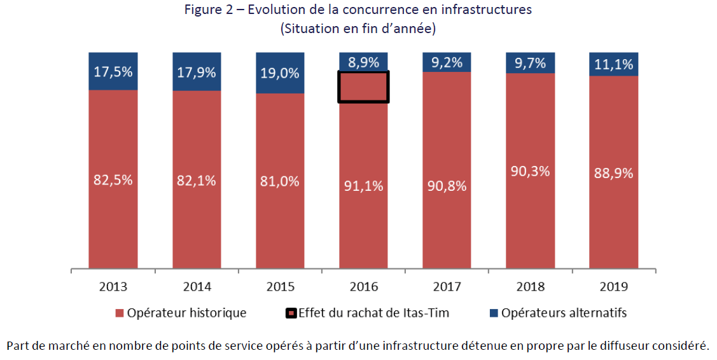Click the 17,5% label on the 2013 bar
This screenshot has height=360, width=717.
113,72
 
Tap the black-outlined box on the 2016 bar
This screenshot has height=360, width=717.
363,87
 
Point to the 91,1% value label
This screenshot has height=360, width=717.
363,186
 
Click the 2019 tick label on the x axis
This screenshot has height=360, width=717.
613,286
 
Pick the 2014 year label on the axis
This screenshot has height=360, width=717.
197,286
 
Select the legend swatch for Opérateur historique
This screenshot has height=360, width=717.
119,314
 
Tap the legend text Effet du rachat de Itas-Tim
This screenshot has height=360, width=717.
373,313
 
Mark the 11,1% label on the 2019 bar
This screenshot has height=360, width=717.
613,64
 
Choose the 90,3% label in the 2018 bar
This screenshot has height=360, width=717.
531,171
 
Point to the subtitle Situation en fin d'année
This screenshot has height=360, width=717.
358,29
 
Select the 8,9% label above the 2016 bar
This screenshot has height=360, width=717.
363,62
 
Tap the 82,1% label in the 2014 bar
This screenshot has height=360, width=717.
197,180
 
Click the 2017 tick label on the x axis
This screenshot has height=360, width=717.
447,286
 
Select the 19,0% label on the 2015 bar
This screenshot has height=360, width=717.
281,73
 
